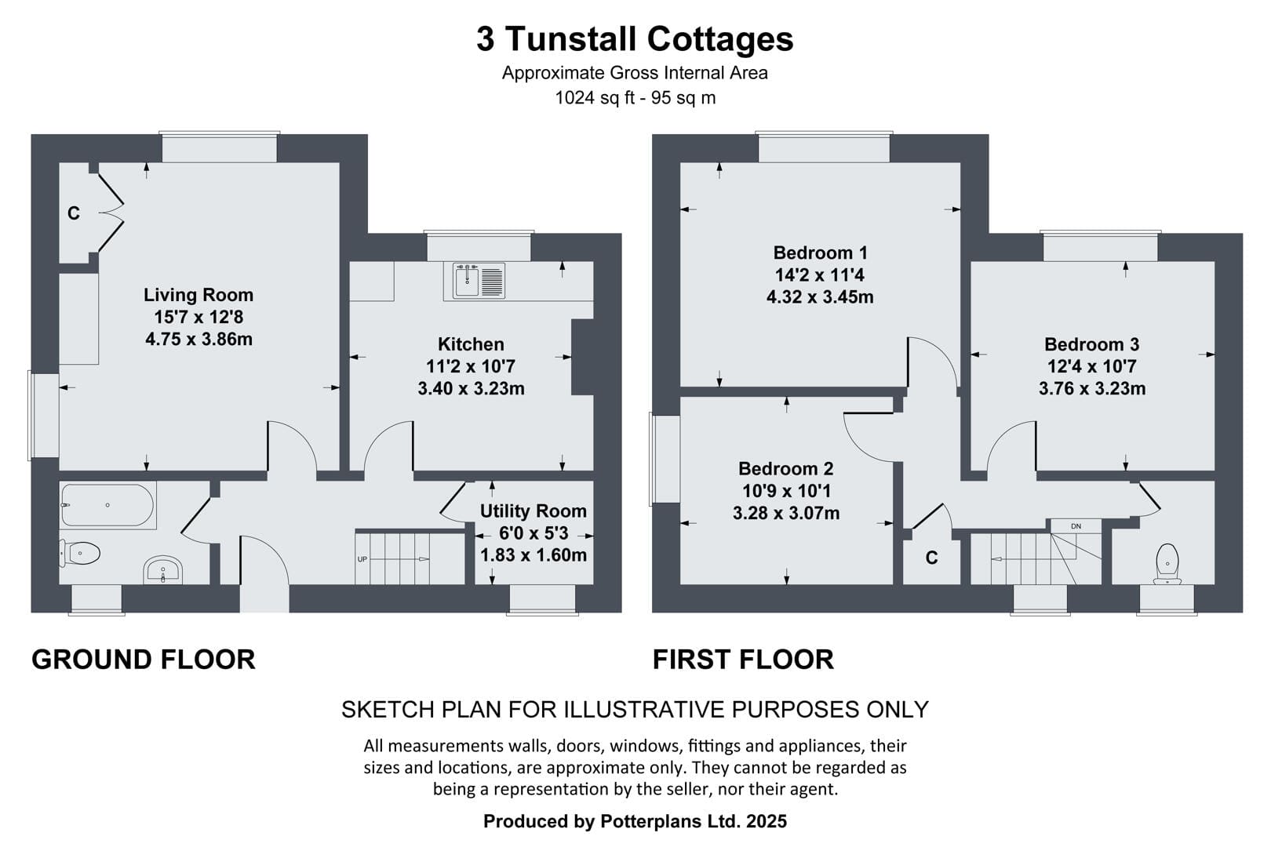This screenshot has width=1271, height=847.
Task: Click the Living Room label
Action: coord(198,295)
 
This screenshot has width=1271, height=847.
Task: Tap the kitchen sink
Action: coord(479,280)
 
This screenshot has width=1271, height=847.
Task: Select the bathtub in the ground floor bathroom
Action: coord(107,505)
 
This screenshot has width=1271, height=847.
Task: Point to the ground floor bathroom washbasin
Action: coord(163,569)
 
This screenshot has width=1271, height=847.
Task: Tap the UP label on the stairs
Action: coord(362,559)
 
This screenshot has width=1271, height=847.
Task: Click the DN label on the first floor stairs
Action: coord(1076,526)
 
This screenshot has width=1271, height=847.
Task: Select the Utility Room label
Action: coord(534,511)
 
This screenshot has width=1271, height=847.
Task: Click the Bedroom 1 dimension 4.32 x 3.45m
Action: coord(820,297)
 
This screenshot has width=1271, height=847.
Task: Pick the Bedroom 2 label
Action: coord(786,469)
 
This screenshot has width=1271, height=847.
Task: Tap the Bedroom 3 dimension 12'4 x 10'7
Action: coord(1091,366)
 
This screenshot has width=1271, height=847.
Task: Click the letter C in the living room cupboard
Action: coord(74,213)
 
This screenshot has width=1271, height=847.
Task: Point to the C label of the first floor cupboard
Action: coord(932,558)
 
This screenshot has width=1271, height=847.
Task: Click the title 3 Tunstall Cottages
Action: coord(635,39)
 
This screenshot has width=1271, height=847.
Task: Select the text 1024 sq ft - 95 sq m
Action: coord(635,98)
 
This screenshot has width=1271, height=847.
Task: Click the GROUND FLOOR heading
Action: coord(144,660)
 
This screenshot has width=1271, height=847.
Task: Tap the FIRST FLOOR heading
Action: coord(743,660)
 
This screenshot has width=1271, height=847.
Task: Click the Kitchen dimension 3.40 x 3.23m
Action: coord(471,389)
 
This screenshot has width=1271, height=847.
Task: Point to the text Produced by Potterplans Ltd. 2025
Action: coord(635,821)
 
